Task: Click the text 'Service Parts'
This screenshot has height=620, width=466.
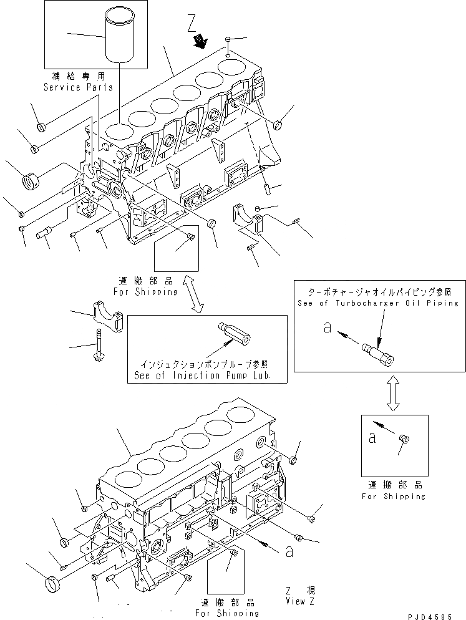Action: pyautogui.click(x=79, y=87)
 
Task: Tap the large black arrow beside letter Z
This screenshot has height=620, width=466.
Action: pyautogui.click(x=200, y=42)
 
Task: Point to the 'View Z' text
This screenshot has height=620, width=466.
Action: pyautogui.click(x=296, y=601)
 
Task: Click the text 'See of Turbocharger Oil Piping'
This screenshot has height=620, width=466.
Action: pyautogui.click(x=378, y=303)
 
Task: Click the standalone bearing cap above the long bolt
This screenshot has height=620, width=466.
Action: pyautogui.click(x=109, y=314)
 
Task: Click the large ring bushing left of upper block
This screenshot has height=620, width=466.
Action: pyautogui.click(x=31, y=183)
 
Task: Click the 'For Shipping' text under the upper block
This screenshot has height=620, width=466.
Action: pyautogui.click(x=145, y=291)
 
